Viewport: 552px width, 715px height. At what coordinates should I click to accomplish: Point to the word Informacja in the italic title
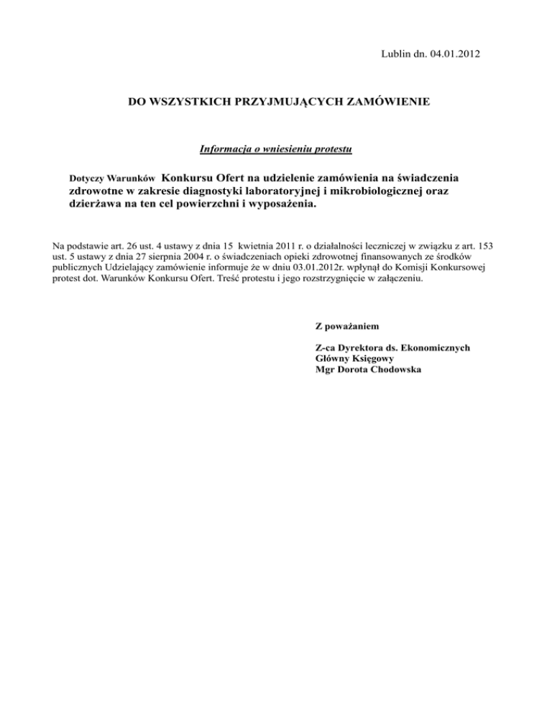coord(226,150)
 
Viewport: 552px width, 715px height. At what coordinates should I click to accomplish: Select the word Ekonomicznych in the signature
coord(436,347)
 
